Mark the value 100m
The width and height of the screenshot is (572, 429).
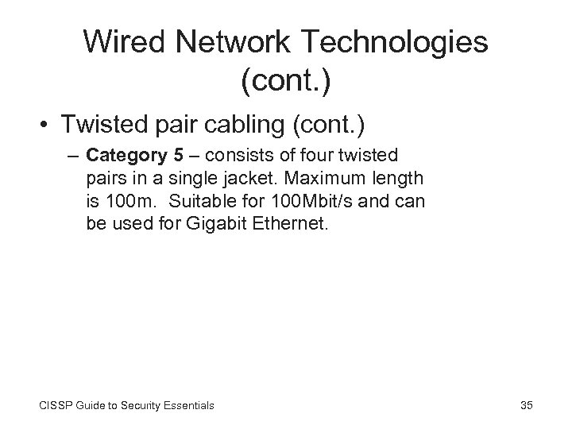[x=126, y=202]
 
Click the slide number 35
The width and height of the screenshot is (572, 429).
[x=526, y=406]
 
